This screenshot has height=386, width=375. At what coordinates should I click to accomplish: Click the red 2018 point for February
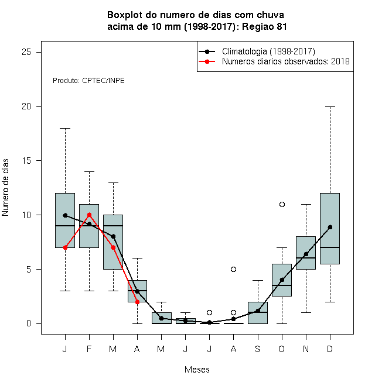[x=89, y=215]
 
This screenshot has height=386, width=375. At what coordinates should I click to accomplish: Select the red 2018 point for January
[x=66, y=247]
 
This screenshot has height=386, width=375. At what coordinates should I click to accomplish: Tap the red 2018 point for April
[x=138, y=302]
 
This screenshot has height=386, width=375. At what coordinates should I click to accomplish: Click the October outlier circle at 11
[x=282, y=204]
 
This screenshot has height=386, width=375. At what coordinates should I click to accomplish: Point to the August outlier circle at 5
[x=233, y=269]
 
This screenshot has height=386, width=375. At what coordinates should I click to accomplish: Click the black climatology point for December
[x=330, y=228]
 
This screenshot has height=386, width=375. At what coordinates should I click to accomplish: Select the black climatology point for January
[x=66, y=215]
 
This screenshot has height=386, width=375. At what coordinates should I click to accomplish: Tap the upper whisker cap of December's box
[x=330, y=107]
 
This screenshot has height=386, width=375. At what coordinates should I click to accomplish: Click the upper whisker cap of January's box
[x=66, y=128]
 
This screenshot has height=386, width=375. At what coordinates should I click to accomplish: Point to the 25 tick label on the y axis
[x=26, y=52]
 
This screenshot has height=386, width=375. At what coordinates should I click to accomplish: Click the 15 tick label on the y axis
[x=26, y=161]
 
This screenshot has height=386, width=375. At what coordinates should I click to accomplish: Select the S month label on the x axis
[x=258, y=349]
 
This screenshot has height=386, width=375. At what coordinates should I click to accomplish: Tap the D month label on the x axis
[x=330, y=349]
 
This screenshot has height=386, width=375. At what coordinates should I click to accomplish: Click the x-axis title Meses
[x=197, y=370]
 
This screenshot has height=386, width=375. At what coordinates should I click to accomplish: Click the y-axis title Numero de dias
[x=5, y=188]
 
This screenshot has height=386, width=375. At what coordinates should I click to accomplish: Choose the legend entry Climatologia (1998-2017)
[x=268, y=51]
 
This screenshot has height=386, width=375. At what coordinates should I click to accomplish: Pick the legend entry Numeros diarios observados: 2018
[x=286, y=61]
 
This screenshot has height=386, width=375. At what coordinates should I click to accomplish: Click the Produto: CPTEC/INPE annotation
[x=88, y=81]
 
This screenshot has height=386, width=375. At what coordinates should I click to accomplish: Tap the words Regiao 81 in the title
[x=264, y=26]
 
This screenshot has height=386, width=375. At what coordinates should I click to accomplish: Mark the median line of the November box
[x=306, y=258]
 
